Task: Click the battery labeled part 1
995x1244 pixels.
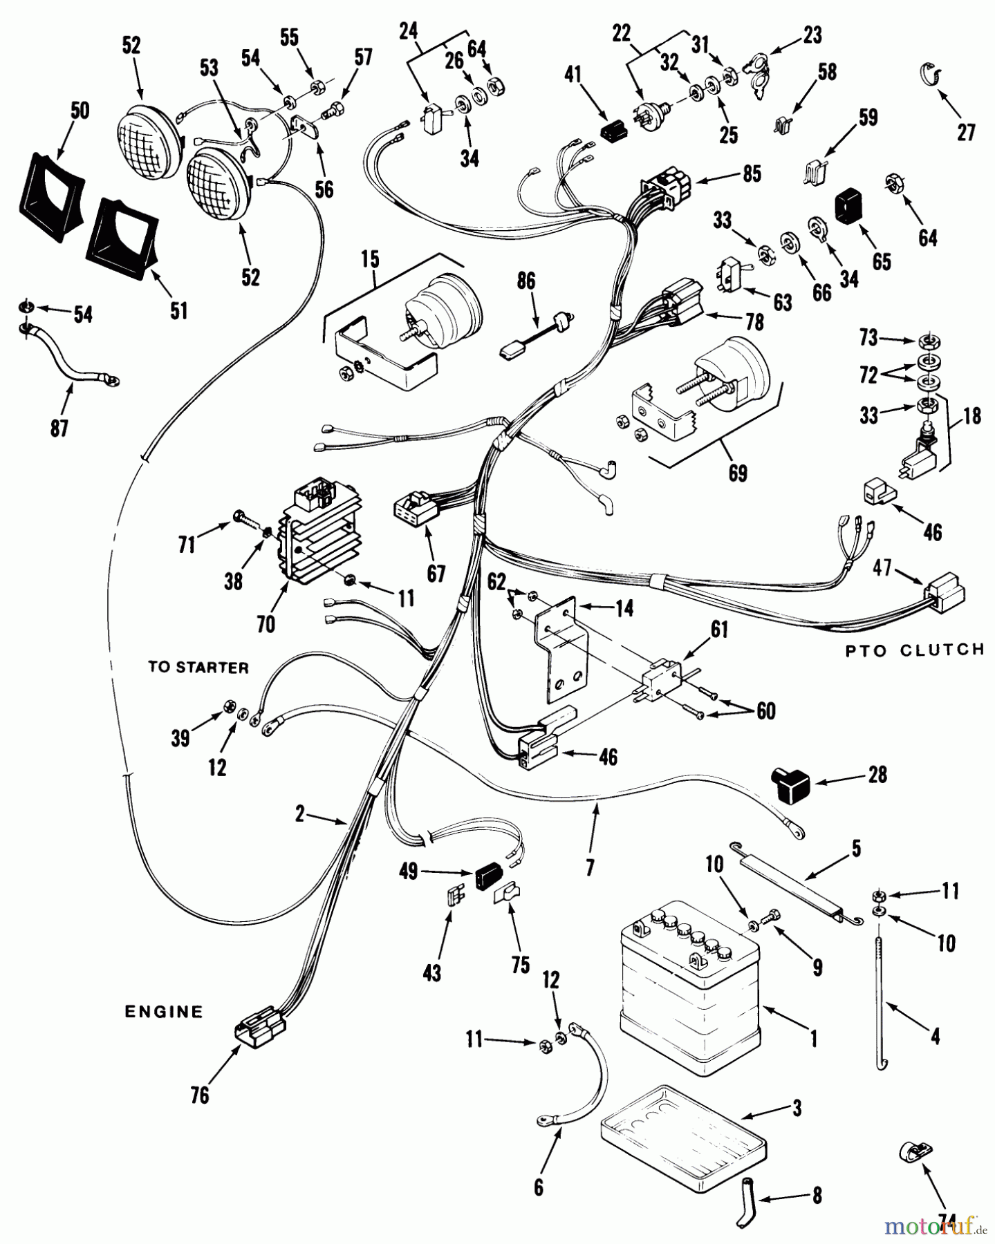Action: tap(690, 981)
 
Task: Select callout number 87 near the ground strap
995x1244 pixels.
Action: tap(59, 428)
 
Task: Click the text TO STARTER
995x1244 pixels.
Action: tap(198, 668)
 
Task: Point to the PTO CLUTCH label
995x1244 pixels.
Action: tap(915, 650)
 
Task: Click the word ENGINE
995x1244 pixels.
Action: tap(164, 1012)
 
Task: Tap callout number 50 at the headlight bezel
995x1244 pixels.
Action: tap(80, 111)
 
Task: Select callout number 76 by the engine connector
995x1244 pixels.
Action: tap(200, 1095)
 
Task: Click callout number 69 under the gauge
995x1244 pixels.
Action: tap(738, 474)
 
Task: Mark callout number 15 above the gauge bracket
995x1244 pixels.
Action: tap(370, 260)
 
